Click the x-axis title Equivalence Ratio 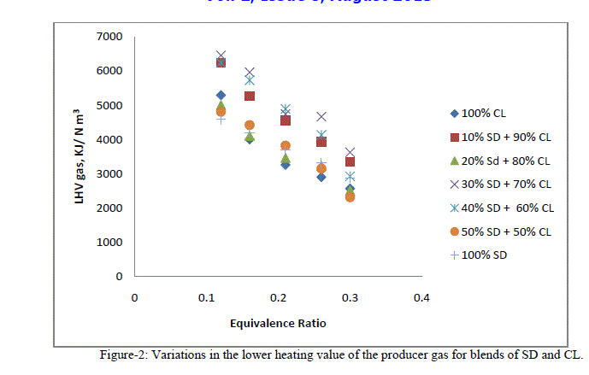pyautogui.click(x=277, y=323)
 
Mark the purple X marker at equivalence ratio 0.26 pyautogui.click(x=321, y=116)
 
